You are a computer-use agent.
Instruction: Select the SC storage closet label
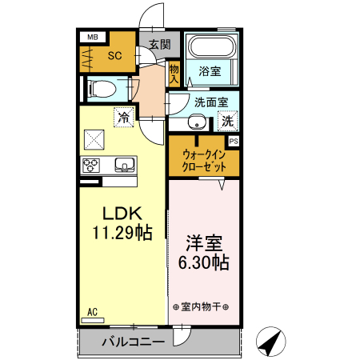coord(114,55)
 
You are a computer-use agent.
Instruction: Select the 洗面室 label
coord(211,102)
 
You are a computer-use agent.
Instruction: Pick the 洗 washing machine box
coord(227,122)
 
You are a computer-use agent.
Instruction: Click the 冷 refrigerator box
coord(124,117)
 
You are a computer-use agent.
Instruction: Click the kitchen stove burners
coord(90,166)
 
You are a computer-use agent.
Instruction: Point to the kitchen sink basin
coord(126,166)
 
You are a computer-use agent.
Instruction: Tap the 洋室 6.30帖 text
coord(202,251)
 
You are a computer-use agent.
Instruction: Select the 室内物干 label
coord(201,306)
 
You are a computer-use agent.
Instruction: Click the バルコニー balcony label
coord(133,342)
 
